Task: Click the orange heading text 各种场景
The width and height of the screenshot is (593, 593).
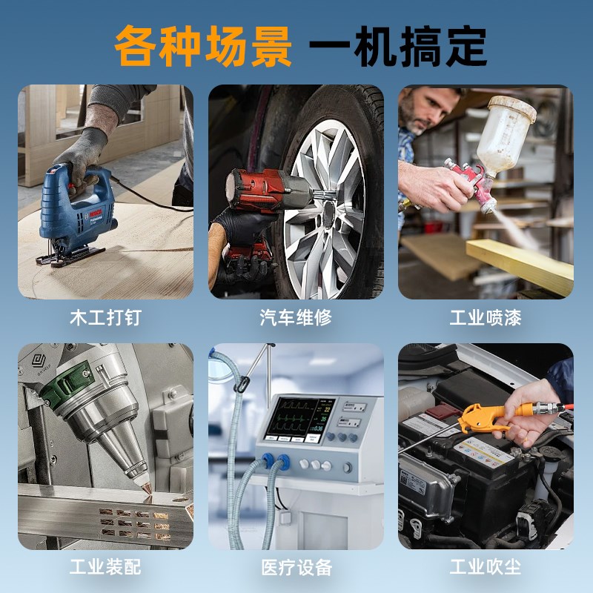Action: [202, 46]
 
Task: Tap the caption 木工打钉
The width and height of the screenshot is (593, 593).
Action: [105, 318]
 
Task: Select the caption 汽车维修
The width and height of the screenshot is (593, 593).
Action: [296, 318]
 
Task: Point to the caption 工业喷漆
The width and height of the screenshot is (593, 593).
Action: [486, 318]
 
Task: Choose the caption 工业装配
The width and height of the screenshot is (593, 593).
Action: [105, 569]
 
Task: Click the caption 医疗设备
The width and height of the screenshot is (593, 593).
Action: [296, 569]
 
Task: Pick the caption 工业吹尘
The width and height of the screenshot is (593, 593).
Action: [486, 569]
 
